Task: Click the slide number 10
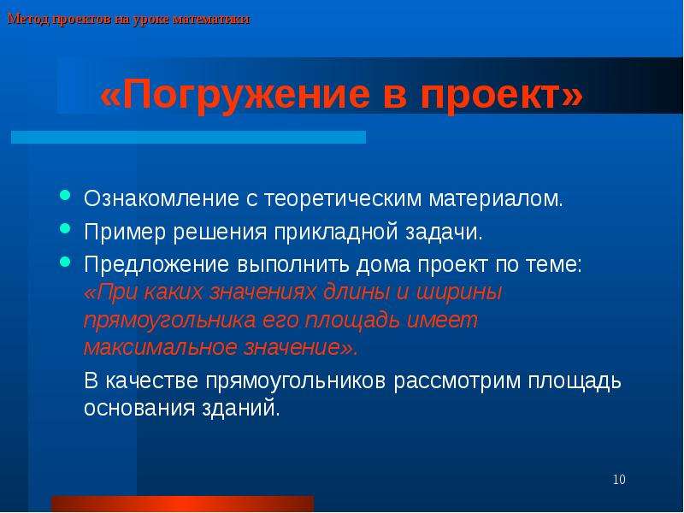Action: [619, 480]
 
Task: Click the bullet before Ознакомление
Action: [65, 195]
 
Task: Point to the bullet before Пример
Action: [65, 228]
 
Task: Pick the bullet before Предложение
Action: [65, 262]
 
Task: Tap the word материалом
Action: [496, 199]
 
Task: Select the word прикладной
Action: [336, 233]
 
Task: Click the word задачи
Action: [444, 233]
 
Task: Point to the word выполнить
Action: [292, 265]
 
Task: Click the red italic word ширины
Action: [459, 292]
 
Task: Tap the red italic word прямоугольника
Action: [169, 321]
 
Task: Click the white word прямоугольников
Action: [296, 381]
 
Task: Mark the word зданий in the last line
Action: [240, 409]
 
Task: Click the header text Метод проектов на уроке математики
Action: [129, 20]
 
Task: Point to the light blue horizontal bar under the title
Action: [188, 137]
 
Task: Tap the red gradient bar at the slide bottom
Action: [182, 504]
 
